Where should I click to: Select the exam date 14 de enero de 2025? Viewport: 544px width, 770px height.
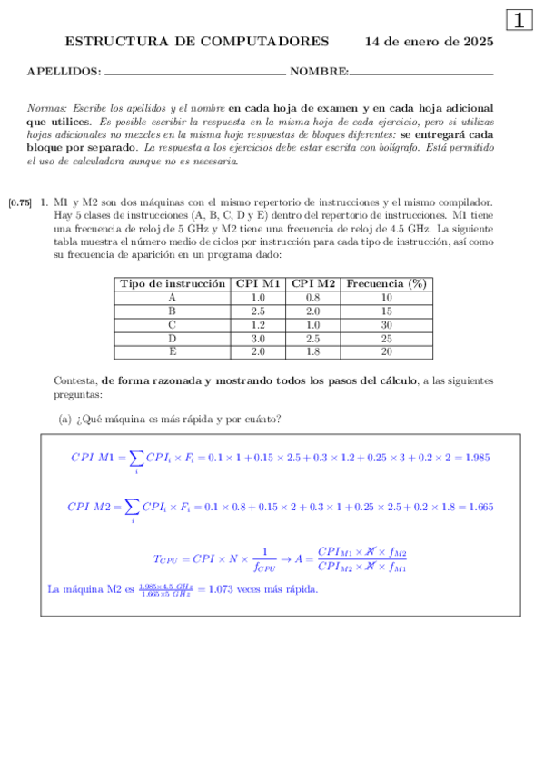[429, 42]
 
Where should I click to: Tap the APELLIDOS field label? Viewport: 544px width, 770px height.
[64, 71]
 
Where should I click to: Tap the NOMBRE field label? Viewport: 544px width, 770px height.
[319, 71]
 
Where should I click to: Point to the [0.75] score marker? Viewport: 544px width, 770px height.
[20, 202]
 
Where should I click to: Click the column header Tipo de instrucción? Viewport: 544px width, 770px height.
[173, 283]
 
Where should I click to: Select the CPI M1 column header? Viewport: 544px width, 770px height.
[258, 283]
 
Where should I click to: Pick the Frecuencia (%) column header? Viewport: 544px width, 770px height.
[386, 283]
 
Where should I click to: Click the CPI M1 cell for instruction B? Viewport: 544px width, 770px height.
[258, 311]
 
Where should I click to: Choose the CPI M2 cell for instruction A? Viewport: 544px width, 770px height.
[313, 297]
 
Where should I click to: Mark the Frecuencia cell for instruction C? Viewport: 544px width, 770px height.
[386, 324]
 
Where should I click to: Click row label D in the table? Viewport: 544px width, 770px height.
[173, 338]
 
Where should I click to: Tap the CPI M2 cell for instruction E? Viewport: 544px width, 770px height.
[313, 351]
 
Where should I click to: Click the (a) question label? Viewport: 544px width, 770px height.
[64, 419]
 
